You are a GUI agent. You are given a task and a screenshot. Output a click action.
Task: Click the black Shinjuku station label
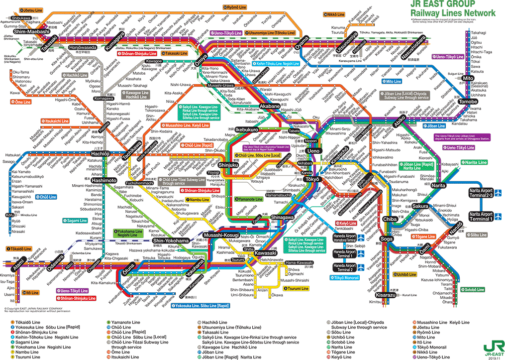pyautogui.click(x=228, y=165)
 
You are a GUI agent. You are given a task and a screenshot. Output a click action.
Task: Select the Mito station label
pyautogui.click(x=468, y=78)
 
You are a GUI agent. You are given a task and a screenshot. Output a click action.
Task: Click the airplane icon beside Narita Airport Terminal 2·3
pyautogui.click(x=498, y=192)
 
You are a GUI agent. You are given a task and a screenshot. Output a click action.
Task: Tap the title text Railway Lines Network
pyautogui.click(x=452, y=13)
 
